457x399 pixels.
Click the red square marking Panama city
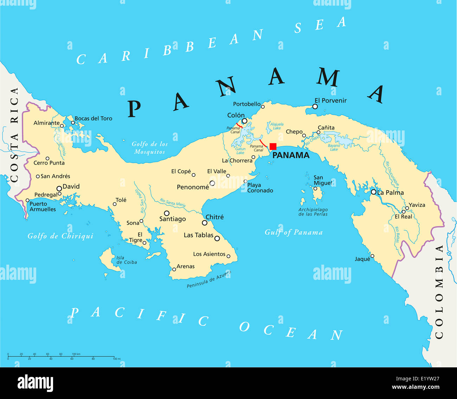click(273, 147)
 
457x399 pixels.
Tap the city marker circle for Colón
click(245, 121)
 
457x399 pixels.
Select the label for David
click(71, 186)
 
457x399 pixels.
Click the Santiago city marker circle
click(167, 213)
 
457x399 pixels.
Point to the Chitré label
click(214, 217)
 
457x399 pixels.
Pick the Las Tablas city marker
click(217, 238)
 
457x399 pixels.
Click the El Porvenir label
click(330, 101)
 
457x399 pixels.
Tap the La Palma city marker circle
click(373, 192)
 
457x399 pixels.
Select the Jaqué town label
click(362, 259)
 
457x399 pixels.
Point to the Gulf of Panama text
click(294, 232)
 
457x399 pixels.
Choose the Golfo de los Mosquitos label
click(150, 148)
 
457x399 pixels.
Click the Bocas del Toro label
click(94, 118)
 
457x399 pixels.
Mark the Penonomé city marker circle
click(212, 183)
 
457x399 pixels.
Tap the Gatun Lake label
click(240, 151)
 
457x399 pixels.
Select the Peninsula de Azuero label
click(209, 279)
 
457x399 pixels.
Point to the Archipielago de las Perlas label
click(313, 212)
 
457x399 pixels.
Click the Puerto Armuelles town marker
click(27, 200)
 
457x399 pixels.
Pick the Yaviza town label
click(417, 205)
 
